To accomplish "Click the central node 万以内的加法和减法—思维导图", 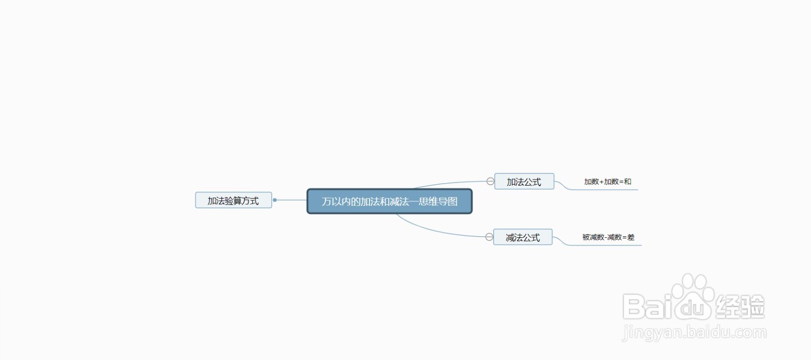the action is click(390, 201).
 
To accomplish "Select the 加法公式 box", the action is click(524, 182).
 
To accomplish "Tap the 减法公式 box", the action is click(523, 237).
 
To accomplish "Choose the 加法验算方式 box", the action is click(234, 200).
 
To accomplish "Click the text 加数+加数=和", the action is click(608, 182).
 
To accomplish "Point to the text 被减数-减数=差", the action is click(608, 237).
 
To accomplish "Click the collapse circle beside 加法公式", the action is click(490, 181).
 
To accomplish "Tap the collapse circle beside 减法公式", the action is click(489, 237).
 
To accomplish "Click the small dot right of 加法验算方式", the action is click(275, 200).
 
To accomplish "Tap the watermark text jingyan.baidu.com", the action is click(694, 333).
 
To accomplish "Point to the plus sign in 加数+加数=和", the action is click(602, 182).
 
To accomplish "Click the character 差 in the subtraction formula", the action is click(631, 237).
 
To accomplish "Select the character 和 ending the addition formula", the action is click(628, 182).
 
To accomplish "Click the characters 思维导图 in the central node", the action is click(438, 201).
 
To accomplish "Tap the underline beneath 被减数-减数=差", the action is click(605, 245).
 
